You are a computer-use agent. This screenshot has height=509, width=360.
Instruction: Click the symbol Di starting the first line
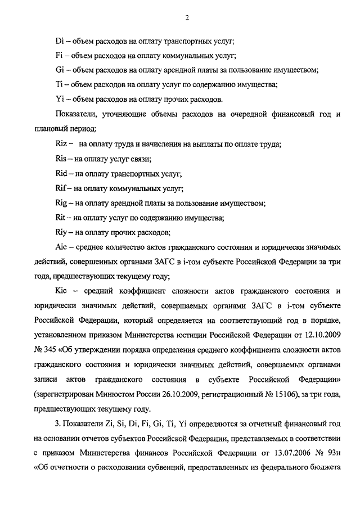coord(60,41)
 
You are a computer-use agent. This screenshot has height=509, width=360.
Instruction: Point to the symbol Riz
coord(62,143)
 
